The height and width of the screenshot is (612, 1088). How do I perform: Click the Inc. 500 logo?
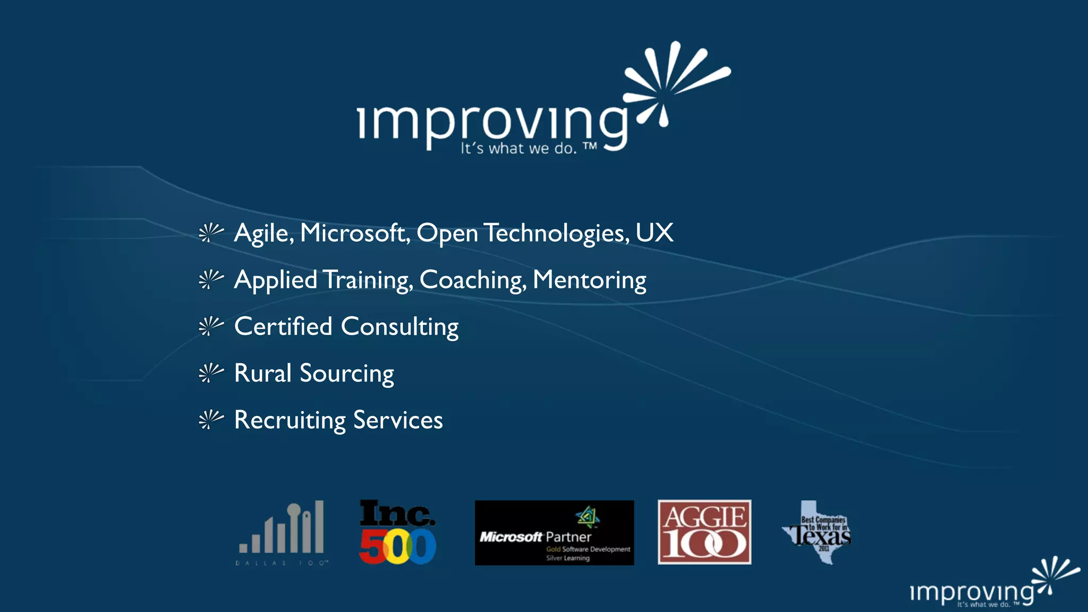coord(397,532)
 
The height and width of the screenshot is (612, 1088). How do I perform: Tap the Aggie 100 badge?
coord(704,532)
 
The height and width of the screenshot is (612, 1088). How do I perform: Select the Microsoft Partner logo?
coord(554,533)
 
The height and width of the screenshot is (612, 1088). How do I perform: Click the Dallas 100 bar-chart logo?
coord(282,532)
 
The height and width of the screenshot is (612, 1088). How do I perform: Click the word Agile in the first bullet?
coord(263,233)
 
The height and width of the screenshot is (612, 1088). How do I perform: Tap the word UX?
coord(654,233)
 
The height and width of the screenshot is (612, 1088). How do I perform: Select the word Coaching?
coord(472,280)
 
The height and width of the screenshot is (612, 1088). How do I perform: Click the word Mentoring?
coord(589,280)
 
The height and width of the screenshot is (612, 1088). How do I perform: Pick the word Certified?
coord(283,326)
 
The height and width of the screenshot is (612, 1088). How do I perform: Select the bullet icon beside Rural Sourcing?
coord(211,373)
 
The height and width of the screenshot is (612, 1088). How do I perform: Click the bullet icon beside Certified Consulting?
coord(211,326)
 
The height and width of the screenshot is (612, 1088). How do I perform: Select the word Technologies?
coord(556,233)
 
